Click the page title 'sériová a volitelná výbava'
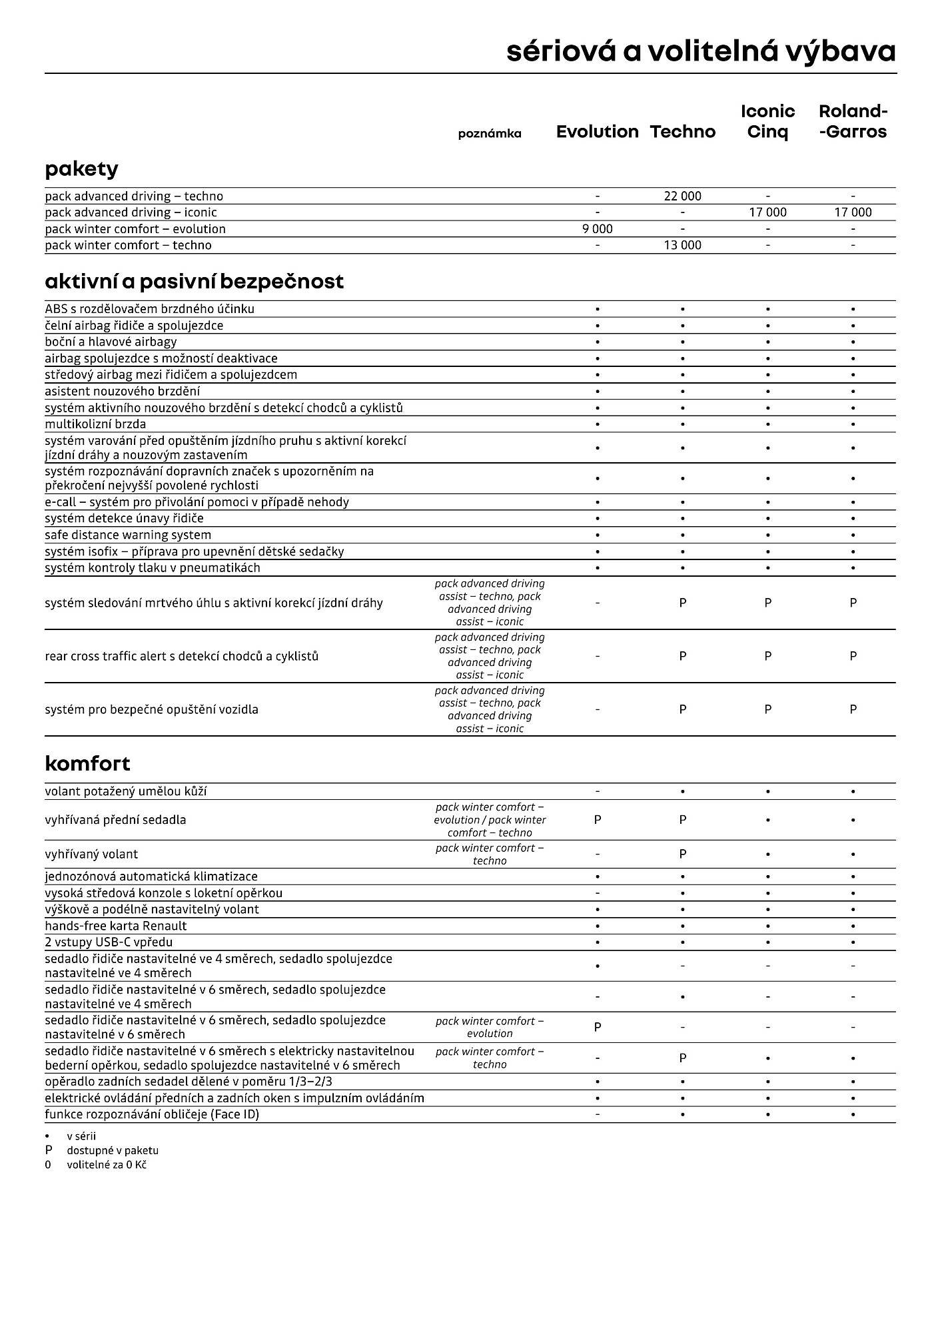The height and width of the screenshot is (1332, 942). [700, 51]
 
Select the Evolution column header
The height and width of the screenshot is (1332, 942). [597, 132]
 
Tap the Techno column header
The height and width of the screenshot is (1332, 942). [682, 132]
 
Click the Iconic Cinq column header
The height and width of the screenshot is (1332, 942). [767, 121]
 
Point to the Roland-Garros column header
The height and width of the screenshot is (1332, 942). [853, 121]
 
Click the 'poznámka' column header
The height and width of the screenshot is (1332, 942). [490, 134]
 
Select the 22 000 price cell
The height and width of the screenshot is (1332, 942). [682, 196]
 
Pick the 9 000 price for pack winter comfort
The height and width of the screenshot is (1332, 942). [597, 228]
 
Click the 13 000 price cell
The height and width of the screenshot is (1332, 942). [682, 245]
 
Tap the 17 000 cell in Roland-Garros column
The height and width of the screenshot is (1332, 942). [853, 212]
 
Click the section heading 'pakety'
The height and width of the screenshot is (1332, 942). [81, 169]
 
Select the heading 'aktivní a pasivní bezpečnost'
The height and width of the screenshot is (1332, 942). [194, 282]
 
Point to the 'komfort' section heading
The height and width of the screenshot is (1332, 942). [87, 763]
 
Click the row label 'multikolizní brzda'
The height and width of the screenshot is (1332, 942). [95, 424]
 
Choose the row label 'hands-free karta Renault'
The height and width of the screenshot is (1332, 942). [116, 926]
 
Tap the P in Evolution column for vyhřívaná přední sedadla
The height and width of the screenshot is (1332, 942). [597, 820]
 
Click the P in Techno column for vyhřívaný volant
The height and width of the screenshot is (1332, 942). [682, 854]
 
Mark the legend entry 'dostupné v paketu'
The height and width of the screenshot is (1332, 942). [112, 1150]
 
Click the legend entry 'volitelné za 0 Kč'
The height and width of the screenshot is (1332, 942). [106, 1165]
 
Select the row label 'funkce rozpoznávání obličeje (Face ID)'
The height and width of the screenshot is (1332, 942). [152, 1114]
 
